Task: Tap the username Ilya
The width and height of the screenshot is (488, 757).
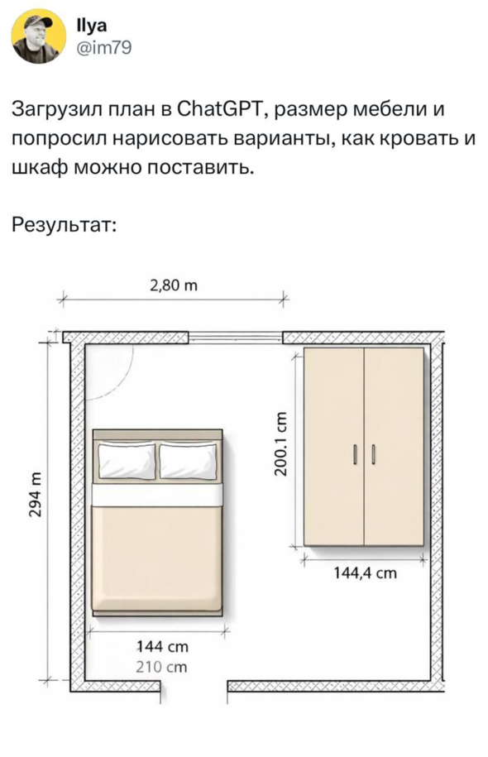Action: pyautogui.click(x=92, y=26)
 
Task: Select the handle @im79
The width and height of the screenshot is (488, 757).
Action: pyautogui.click(x=103, y=48)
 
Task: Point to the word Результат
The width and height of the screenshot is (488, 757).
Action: pyautogui.click(x=64, y=226)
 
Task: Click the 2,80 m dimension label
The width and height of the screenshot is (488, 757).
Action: pyautogui.click(x=174, y=285)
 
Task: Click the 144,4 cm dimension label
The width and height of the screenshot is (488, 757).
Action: pyautogui.click(x=366, y=573)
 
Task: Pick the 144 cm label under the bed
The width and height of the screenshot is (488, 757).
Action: pyautogui.click(x=162, y=646)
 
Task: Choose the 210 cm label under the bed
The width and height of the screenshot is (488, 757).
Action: pyautogui.click(x=161, y=667)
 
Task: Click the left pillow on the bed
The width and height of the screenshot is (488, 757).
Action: pyautogui.click(x=127, y=461)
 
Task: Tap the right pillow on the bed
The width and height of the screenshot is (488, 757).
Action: pyautogui.click(x=189, y=461)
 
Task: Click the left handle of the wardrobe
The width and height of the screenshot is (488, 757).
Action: pyautogui.click(x=355, y=454)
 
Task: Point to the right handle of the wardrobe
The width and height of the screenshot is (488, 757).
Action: pyautogui.click(x=373, y=454)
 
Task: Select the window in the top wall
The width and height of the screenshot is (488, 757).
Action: pyautogui.click(x=235, y=337)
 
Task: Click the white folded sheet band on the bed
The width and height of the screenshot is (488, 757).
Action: pyautogui.click(x=157, y=496)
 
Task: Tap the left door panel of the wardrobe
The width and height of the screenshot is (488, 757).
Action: pyautogui.click(x=334, y=447)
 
